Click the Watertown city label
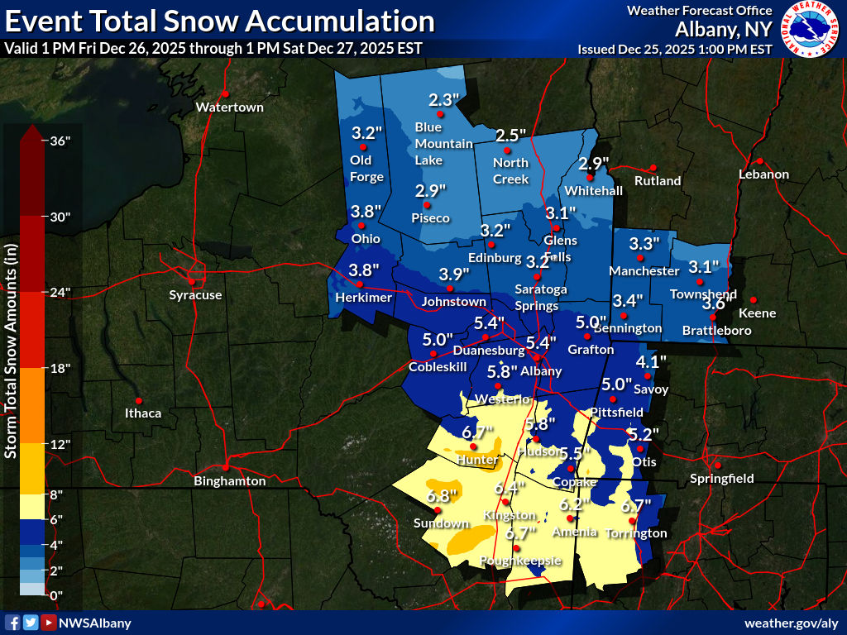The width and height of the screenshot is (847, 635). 229,107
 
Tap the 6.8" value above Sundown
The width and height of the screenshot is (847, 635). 443,497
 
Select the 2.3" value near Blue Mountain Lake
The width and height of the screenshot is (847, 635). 443,100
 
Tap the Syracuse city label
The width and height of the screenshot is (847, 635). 195,295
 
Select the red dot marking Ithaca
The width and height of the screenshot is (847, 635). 139,400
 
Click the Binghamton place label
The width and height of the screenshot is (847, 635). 229,481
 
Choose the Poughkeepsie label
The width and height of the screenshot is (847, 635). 521,561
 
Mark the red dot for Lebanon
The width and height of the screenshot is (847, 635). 759,161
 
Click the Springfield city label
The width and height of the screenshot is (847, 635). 723,478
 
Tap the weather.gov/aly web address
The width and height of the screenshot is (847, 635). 792,623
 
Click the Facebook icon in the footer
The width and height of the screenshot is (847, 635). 12,623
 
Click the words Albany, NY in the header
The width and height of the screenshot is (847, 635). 724,30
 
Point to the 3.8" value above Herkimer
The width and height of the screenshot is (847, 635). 364,270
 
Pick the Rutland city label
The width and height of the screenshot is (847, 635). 658,180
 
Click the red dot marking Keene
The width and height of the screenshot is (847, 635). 754,299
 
